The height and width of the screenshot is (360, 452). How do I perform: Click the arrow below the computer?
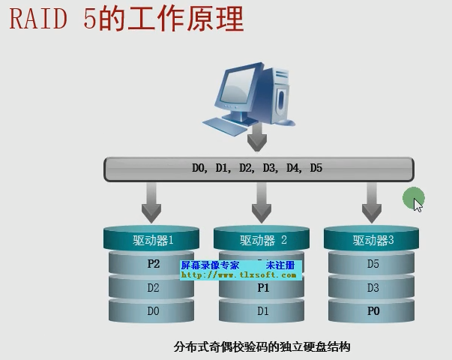258,136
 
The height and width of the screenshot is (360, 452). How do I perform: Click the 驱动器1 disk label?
153,240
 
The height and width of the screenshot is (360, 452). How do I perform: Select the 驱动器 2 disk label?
263,240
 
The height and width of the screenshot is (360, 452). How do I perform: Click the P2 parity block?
153,264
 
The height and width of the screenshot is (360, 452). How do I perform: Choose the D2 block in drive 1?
153,287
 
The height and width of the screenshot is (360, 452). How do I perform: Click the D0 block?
153,310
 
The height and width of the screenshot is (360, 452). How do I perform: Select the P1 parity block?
263,287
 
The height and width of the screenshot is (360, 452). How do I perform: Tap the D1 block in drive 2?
263,310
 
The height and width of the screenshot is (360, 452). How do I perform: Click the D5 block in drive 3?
373,264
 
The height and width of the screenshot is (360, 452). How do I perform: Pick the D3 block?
373,287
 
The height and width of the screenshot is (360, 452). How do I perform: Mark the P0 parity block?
373,310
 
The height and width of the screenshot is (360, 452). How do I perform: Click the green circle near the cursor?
412,198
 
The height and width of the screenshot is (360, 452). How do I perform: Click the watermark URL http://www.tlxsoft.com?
239,275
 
